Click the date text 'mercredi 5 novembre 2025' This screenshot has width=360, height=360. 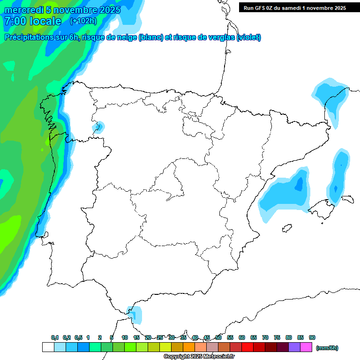pyautogui.click(x=62, y=10)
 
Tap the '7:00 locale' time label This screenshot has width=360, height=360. pyautogui.click(x=33, y=21)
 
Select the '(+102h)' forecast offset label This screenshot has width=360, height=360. pyautogui.click(x=83, y=21)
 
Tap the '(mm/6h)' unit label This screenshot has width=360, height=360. pyautogui.click(x=327, y=348)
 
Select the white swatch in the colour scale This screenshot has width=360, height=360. pyautogui.click(x=48, y=347)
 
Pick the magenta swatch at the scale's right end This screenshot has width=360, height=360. pyautogui.click(x=306, y=347)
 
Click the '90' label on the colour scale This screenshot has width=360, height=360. pyautogui.click(x=312, y=337)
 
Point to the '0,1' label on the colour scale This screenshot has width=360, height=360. pyautogui.click(x=55, y=337)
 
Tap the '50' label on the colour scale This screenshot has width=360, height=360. pyautogui.click(x=218, y=337)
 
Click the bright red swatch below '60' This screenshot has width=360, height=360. pyautogui.click(x=247, y=347)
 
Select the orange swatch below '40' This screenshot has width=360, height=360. pyautogui.click(x=189, y=347)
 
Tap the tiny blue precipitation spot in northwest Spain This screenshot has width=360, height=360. pyautogui.click(x=99, y=126)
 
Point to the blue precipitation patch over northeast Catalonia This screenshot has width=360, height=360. pyautogui.click(x=330, y=98)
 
